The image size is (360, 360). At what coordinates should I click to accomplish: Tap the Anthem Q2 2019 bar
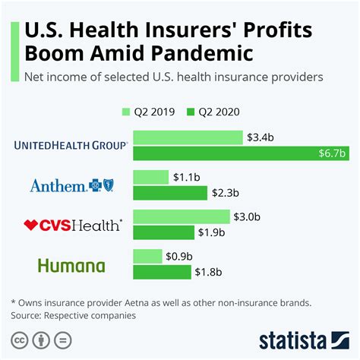pos(150,177)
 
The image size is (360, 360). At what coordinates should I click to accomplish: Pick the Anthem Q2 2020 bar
pos(169,194)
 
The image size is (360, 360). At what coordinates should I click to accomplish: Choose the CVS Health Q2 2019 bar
pos(182,216)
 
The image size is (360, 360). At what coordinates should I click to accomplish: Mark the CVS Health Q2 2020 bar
pos(163,232)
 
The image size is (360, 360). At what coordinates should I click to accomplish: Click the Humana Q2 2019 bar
pos(147,256)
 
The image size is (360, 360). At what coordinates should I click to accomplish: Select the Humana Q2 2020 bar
pos(162,272)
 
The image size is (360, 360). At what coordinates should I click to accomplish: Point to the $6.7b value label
pos(332,154)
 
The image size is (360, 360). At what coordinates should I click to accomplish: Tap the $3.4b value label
pos(260,137)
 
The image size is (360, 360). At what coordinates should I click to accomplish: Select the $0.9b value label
pos(178,256)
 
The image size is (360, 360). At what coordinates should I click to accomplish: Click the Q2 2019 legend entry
pos(149,112)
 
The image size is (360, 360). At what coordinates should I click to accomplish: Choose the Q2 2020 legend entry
pos(216,112)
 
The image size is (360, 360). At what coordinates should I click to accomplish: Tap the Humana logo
pos(73,265)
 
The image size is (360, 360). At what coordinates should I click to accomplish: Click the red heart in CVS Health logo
pos(31,225)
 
